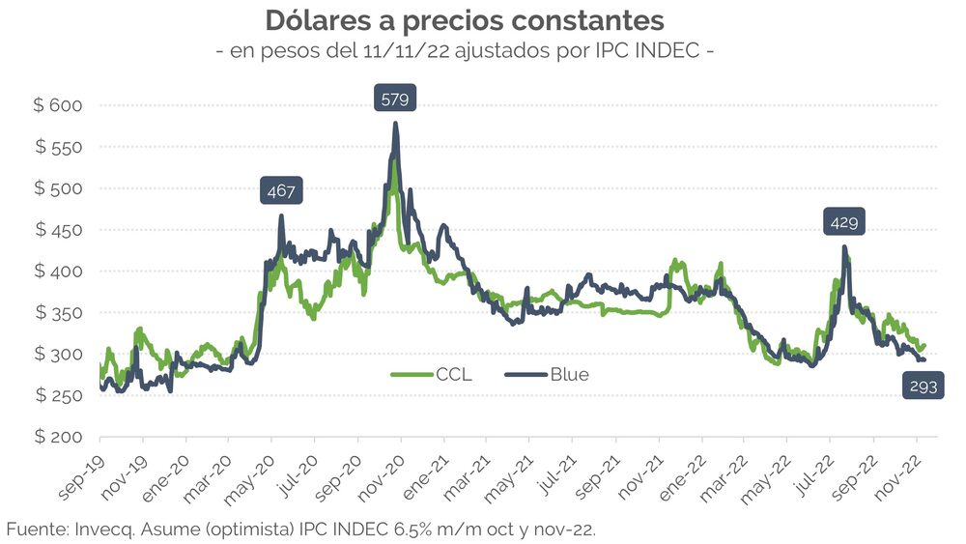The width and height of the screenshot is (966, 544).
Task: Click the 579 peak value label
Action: click(x=395, y=100)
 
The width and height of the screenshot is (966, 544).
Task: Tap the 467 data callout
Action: click(x=281, y=190)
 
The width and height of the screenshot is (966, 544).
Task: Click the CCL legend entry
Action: click(x=432, y=375)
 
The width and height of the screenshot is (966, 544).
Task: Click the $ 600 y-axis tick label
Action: click(x=60, y=106)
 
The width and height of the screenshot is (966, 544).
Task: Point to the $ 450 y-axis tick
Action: click(x=60, y=230)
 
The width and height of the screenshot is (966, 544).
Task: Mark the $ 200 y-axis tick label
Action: click(x=60, y=437)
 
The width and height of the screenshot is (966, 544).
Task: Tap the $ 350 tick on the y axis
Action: click(x=60, y=313)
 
